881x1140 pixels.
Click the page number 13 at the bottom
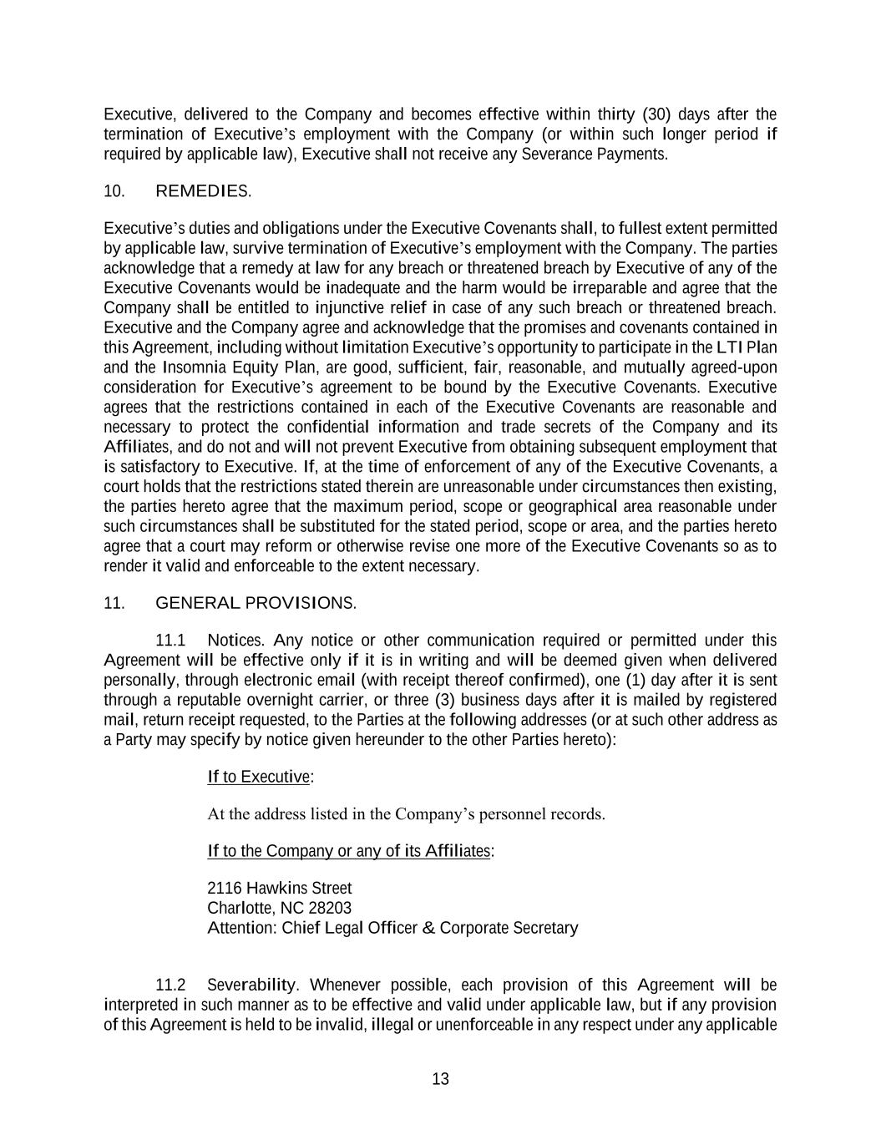click(440, 1079)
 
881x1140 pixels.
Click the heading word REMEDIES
click(202, 191)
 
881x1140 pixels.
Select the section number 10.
click(114, 191)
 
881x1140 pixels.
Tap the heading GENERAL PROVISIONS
click(256, 603)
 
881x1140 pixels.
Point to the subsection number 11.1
click(170, 641)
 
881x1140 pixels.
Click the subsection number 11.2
click(170, 985)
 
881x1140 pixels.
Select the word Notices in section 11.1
click(235, 641)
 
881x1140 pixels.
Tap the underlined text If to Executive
click(259, 777)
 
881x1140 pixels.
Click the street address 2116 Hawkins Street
click(279, 888)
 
